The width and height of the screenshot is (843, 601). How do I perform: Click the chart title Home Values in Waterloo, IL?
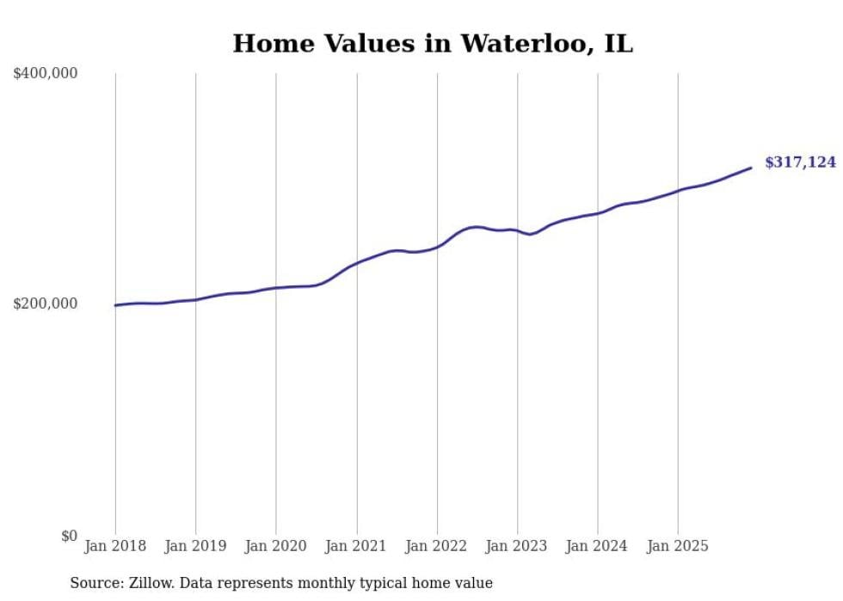pos(433,44)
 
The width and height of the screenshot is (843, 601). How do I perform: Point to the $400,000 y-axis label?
pos(46,74)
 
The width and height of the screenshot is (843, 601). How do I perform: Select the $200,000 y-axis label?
pos(46,304)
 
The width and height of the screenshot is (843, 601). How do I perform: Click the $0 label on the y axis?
pos(68,536)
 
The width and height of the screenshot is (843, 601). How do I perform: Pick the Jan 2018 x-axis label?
pos(115,546)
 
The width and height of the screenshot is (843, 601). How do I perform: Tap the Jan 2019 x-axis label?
pos(195,546)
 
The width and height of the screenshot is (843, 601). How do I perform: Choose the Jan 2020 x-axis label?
pos(275,546)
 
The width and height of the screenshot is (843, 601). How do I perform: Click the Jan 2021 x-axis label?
pos(356,546)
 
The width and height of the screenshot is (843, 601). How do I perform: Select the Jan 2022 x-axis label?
pos(436,546)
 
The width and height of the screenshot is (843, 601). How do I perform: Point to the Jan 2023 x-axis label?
pos(517,546)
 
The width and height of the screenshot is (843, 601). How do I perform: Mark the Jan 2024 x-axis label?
pos(597,546)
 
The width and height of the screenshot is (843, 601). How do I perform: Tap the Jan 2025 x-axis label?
pos(678,546)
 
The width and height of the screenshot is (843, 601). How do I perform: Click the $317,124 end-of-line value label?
pos(800,162)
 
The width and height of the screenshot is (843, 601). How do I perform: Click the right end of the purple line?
pos(751,168)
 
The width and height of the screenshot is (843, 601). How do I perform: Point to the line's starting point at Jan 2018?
pos(115,305)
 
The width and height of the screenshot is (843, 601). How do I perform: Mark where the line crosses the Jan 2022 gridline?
pos(437,247)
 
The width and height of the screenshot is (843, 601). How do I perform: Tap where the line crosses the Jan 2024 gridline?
pos(598,212)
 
